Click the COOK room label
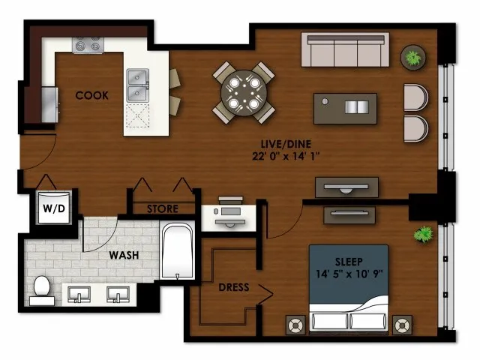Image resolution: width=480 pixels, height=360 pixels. pos(91,95)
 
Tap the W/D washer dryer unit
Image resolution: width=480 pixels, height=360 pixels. pos(54,208)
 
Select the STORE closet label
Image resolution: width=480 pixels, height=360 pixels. pos(163,209)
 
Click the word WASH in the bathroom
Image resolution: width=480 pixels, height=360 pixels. pos(124,255)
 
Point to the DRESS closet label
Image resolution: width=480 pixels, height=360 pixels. pos(234,287)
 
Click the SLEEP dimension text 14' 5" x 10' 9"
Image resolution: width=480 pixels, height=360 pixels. pos(349,274)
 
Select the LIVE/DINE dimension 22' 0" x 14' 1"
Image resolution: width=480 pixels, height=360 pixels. pos(286,157)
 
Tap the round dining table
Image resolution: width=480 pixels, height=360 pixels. pos(244,93)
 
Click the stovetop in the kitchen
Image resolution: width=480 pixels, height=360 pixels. pos(88,45)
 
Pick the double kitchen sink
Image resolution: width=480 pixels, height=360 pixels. pos(138,85)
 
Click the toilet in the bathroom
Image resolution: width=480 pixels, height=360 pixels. pos(42,290)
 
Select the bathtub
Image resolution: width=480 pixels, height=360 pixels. pos(177,251)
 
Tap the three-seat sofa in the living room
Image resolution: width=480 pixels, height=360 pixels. pos(345,49)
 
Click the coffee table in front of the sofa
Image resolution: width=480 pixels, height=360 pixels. pos(345,109)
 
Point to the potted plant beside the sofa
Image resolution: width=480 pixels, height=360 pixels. pos(413,58)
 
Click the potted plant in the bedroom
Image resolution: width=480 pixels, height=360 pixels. pos(424,234)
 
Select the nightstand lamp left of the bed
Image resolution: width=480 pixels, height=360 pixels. pos(295,325)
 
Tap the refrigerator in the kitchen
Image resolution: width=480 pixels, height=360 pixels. pos(49,105)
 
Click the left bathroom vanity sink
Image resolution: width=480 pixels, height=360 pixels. pos(79,295)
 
